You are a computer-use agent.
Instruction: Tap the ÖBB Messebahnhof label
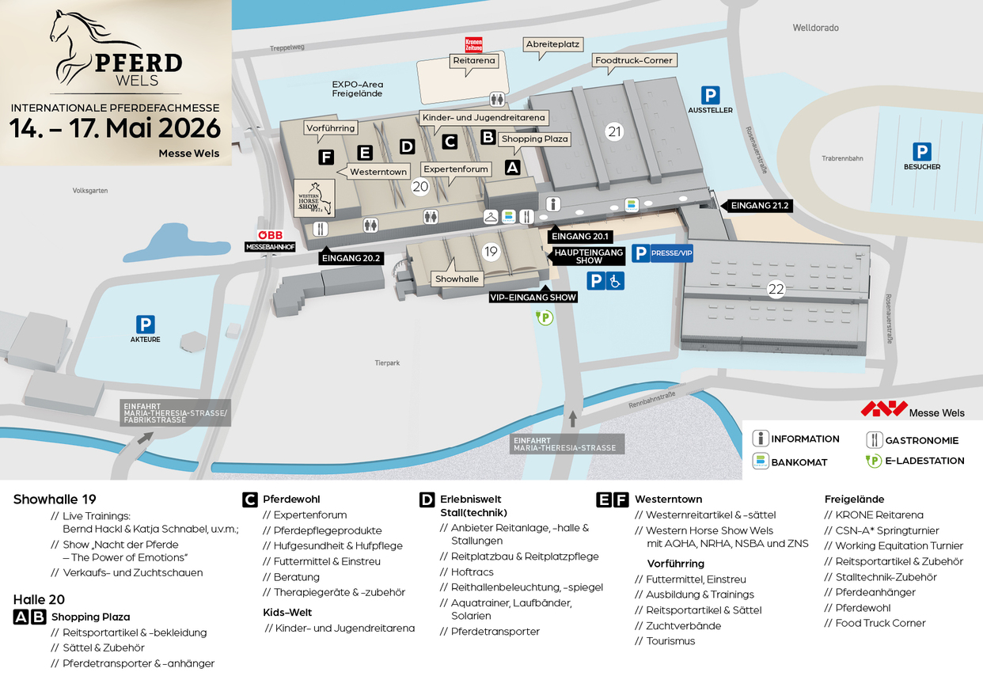tap(269, 241)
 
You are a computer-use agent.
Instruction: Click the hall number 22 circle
tap(776, 290)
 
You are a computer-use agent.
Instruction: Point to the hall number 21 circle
tap(614, 132)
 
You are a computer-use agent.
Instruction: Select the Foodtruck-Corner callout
tap(634, 60)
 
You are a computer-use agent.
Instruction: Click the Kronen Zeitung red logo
tap(473, 45)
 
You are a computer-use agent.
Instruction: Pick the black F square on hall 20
tap(326, 157)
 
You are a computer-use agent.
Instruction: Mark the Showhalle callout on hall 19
tap(457, 279)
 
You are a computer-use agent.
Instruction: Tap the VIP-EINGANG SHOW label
tap(533, 298)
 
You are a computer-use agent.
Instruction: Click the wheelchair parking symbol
tap(615, 280)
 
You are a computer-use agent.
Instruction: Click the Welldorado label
tap(815, 28)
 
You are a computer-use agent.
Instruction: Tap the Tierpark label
tap(387, 363)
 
